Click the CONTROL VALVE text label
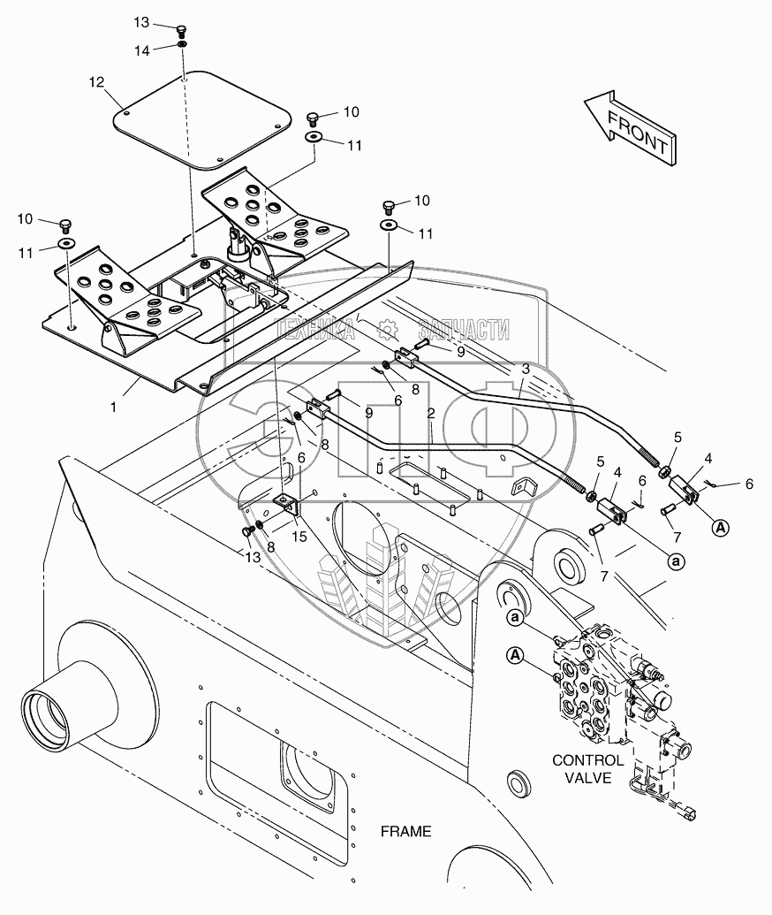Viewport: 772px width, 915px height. [587, 768]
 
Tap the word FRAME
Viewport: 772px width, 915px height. [405, 831]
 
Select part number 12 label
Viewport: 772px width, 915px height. [97, 82]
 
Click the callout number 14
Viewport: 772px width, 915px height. [142, 50]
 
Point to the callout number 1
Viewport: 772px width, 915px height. [114, 407]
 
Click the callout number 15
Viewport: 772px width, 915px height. [299, 536]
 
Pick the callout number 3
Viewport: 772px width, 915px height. [526, 369]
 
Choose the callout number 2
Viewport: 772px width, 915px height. [431, 414]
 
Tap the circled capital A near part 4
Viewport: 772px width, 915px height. [722, 528]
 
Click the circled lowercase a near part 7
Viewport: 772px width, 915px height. [677, 561]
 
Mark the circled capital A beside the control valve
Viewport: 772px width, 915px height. [515, 656]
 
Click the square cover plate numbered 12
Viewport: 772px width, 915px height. [202, 119]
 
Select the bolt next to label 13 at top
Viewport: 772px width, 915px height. [182, 28]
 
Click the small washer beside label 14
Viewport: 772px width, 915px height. [183, 44]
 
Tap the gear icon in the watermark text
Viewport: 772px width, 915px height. [387, 329]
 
